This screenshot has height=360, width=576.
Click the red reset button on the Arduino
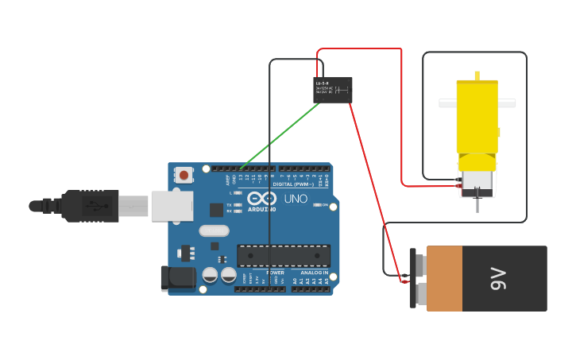184,175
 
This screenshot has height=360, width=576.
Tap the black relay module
332,90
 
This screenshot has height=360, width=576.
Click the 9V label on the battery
498,278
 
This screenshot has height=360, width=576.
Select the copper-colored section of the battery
444,278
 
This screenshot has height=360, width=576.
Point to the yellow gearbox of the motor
477,115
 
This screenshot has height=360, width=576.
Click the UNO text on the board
296,199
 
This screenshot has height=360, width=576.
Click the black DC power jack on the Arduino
178,277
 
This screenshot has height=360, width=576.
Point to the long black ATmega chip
284,256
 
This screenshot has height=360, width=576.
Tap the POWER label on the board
275,273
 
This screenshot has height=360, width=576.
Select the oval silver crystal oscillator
213,231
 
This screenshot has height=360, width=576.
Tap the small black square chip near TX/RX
216,210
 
